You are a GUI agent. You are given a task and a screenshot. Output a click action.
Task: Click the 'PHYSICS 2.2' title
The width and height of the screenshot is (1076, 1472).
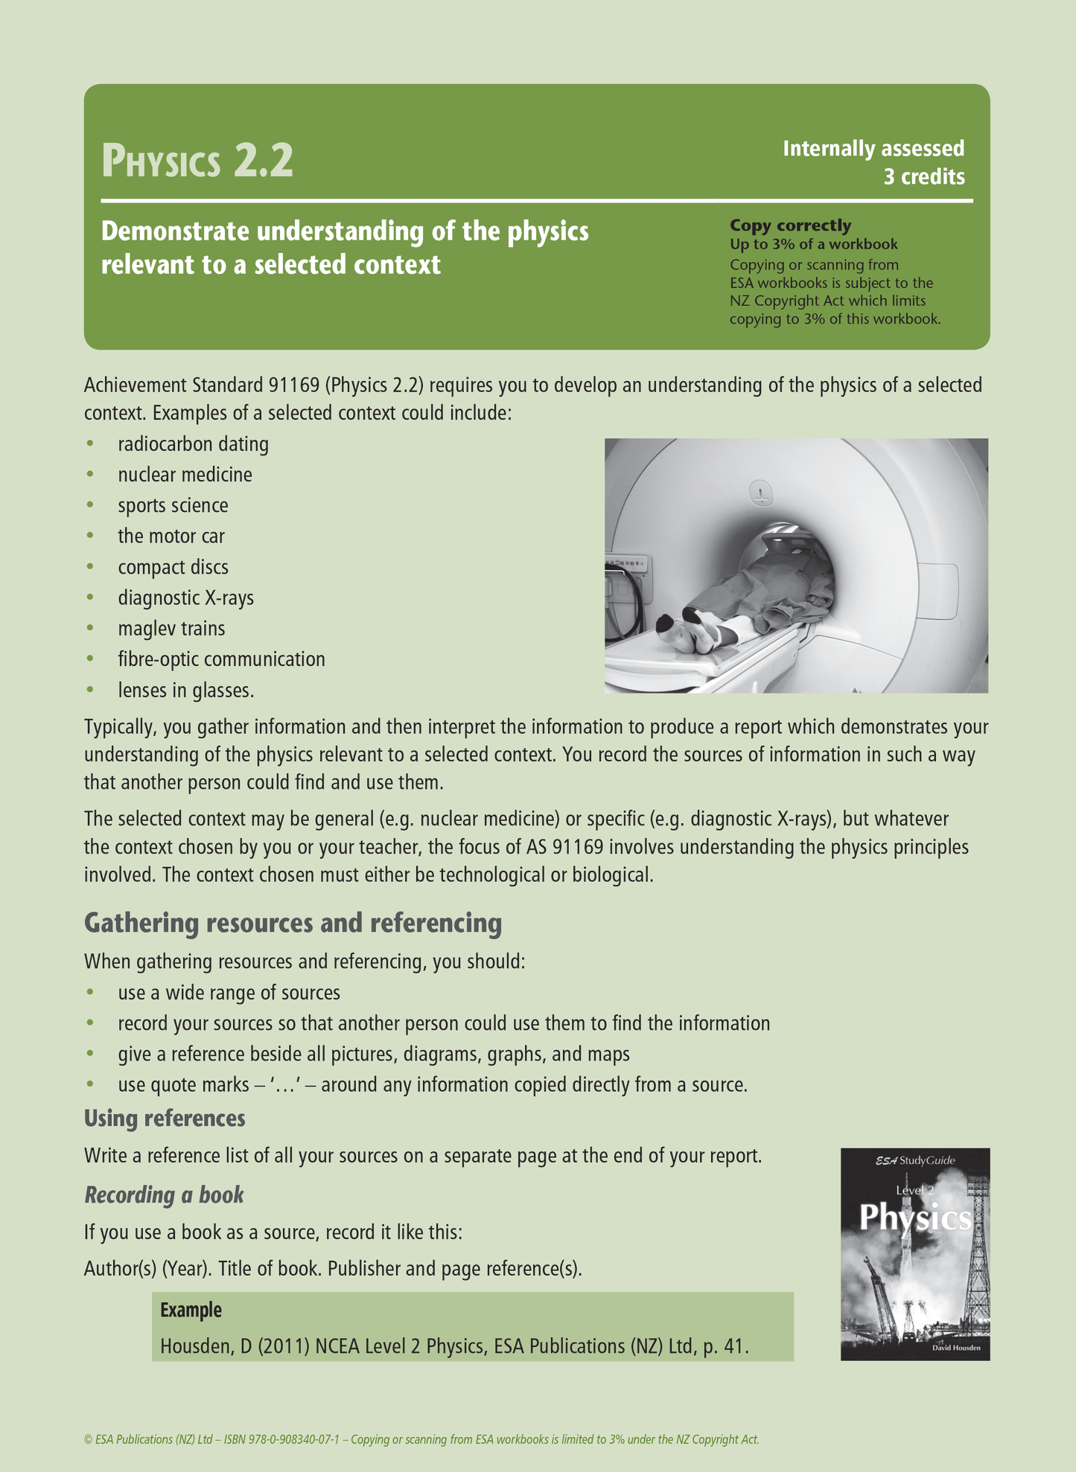(x=197, y=161)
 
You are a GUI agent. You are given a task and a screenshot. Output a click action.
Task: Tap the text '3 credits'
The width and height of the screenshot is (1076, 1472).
(x=923, y=177)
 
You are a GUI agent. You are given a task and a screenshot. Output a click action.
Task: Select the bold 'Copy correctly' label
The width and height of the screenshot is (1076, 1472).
(x=790, y=225)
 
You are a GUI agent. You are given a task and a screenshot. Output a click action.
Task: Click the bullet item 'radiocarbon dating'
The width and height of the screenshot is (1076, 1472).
(x=193, y=444)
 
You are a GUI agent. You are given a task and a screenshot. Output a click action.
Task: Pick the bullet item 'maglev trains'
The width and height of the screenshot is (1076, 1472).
(x=171, y=629)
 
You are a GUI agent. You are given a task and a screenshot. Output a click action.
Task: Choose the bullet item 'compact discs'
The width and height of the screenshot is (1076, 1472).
(x=173, y=567)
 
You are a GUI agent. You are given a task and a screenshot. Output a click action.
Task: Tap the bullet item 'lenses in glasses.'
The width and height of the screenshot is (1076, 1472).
(x=186, y=691)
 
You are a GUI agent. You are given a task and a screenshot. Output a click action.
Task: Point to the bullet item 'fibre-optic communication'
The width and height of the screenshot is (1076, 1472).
(x=221, y=659)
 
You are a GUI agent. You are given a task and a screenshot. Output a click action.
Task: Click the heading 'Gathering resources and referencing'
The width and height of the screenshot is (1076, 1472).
(x=293, y=923)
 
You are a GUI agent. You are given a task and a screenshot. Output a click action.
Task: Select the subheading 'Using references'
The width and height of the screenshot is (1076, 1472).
(x=165, y=1118)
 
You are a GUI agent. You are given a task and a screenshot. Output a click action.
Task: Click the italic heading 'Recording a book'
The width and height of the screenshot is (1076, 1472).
(x=164, y=1194)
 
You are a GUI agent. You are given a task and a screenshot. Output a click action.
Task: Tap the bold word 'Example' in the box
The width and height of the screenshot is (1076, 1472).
(x=191, y=1310)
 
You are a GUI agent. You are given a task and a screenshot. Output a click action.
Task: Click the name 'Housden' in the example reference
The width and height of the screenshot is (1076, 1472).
(x=194, y=1346)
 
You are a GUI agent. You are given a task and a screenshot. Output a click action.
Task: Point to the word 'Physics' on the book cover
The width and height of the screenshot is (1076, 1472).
(x=915, y=1219)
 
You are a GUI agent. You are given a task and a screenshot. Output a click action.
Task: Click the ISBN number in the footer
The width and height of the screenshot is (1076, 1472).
(x=279, y=1439)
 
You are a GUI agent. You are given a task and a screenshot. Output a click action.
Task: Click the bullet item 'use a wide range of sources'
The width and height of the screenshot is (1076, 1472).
(x=229, y=993)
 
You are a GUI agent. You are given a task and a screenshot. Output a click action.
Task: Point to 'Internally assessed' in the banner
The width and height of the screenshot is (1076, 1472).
(x=873, y=149)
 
